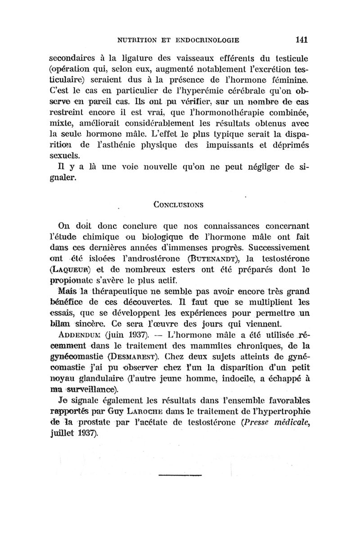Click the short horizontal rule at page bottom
tap(180, 474)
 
